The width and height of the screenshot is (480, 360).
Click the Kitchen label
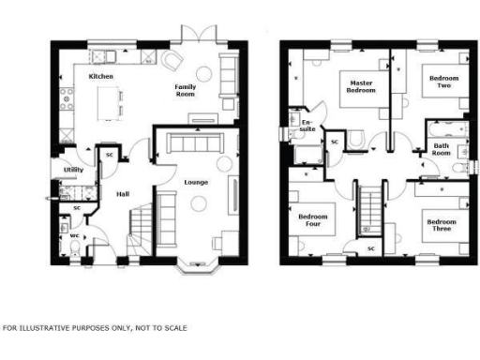point(101,76)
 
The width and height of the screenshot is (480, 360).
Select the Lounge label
point(196,182)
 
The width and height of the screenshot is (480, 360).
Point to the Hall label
point(122,194)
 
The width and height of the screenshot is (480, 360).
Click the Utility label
point(73,170)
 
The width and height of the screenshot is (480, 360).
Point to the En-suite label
point(307,126)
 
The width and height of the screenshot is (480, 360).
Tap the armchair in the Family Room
point(171,60)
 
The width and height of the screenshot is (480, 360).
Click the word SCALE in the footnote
point(172,328)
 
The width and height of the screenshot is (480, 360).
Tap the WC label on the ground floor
point(74,236)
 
